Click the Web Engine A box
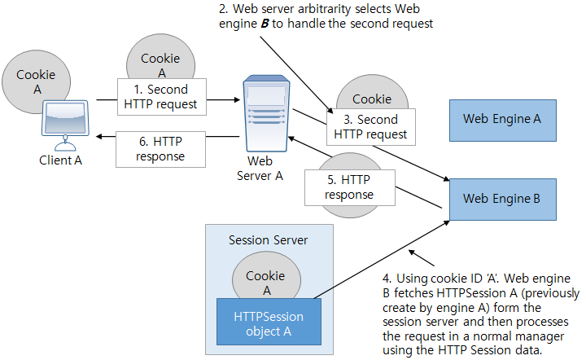click(502, 118)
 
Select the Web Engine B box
click(502, 198)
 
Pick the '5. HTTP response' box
click(348, 187)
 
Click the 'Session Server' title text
click(268, 240)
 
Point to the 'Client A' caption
click(61, 160)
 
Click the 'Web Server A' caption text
click(259, 168)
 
